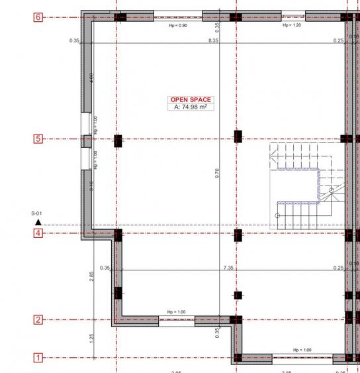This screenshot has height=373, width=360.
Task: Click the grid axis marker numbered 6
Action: (38, 17)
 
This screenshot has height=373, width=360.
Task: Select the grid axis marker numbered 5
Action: (38, 139)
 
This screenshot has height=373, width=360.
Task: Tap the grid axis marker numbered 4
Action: (38, 233)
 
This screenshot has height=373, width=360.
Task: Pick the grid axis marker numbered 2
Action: (38, 320)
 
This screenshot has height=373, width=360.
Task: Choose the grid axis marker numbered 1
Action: (38, 358)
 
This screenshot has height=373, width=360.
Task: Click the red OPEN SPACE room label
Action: (191, 99)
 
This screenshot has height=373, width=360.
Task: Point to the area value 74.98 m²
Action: (191, 106)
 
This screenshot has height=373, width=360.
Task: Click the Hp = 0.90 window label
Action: (178, 25)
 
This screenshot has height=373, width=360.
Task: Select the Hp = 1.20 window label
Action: (292, 25)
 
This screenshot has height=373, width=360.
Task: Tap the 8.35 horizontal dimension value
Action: (213, 40)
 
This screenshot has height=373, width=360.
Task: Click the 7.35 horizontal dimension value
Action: (228, 268)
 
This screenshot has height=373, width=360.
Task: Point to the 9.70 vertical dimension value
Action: (217, 173)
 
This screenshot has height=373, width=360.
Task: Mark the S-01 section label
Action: (37, 213)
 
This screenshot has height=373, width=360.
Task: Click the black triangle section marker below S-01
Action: (38, 223)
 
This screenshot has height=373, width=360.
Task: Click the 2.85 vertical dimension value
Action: (92, 276)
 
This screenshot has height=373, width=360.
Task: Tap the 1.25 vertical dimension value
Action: (92, 339)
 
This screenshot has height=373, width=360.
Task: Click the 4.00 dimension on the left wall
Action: (92, 78)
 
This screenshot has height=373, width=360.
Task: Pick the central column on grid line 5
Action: (238, 137)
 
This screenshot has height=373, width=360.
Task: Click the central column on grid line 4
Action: (238, 234)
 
